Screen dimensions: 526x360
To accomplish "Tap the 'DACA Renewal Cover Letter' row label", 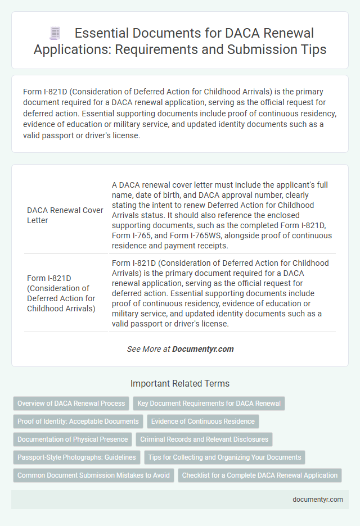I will [x=65, y=215].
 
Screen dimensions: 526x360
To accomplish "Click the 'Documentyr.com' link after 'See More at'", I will [x=202, y=349].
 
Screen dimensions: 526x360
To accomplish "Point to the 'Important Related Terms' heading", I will [x=179, y=384].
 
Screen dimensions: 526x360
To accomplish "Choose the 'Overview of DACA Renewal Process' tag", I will [x=71, y=403].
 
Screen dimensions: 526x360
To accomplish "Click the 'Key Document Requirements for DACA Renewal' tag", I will [x=209, y=403].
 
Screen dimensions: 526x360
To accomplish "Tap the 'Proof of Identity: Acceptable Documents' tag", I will [x=78, y=421].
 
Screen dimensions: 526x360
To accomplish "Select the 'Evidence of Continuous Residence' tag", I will [x=202, y=421].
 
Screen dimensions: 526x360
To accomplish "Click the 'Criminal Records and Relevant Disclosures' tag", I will [x=204, y=439].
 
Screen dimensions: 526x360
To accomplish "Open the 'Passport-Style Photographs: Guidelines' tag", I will [x=76, y=457].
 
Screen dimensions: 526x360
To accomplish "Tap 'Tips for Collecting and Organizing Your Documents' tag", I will [x=224, y=457].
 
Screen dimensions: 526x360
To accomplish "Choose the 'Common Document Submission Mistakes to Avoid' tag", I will [x=93, y=475].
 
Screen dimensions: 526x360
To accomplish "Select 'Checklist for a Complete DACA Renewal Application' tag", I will [x=259, y=475].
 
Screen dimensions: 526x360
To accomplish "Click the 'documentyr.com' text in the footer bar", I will [x=318, y=500].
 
